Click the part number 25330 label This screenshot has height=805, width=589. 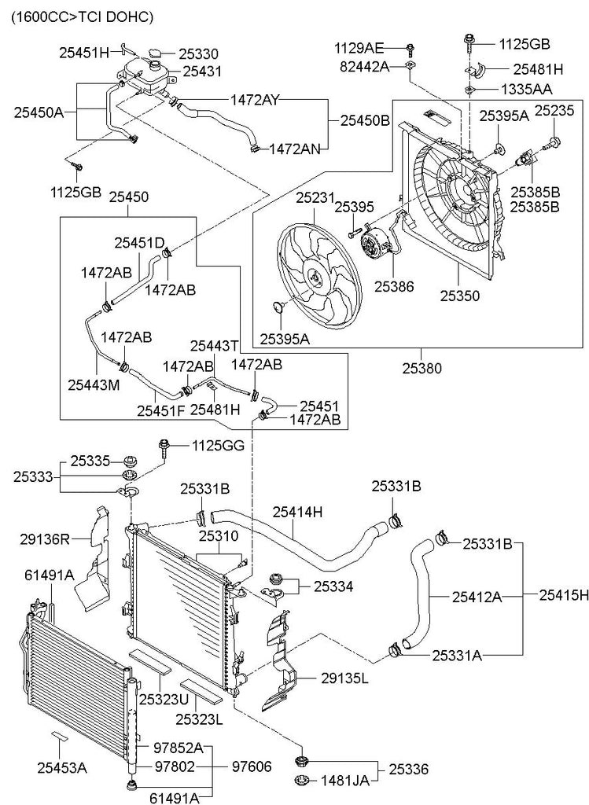click(198, 54)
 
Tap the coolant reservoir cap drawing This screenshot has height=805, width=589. click(156, 53)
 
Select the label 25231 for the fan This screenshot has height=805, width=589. click(315, 198)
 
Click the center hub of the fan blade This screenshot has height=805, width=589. click(315, 279)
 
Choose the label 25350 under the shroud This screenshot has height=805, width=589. click(459, 296)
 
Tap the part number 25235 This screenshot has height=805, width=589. click(554, 110)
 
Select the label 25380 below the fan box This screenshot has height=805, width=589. click(422, 368)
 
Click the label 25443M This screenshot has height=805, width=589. click(94, 384)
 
